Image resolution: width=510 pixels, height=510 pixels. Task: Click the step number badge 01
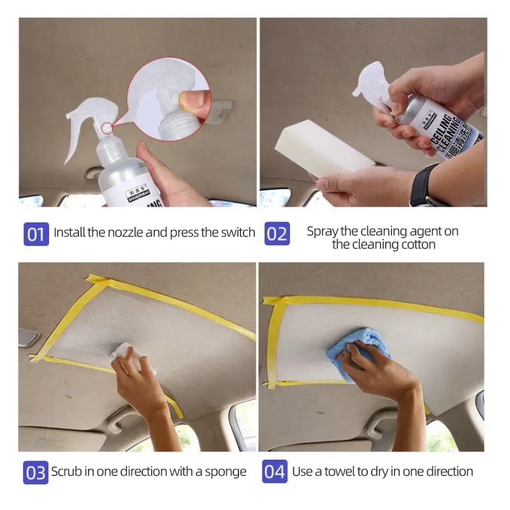click(x=36, y=233)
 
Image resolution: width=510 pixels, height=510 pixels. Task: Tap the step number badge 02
click(x=277, y=233)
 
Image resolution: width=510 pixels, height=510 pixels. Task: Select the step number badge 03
click(x=36, y=472)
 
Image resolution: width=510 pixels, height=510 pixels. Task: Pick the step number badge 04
click(x=275, y=472)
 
